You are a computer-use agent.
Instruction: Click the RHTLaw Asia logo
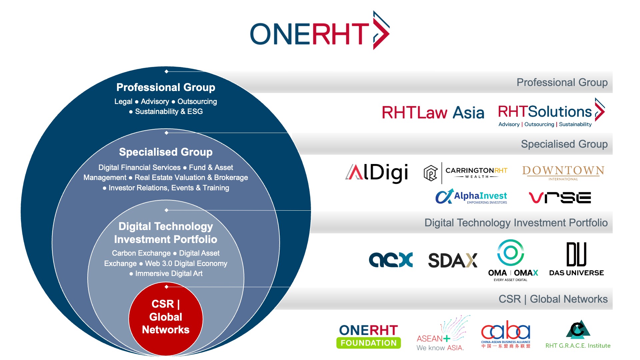click(433, 112)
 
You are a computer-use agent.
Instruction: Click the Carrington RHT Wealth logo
click(465, 173)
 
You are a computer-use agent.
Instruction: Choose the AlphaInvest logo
click(471, 197)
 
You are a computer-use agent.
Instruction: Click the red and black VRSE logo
click(560, 197)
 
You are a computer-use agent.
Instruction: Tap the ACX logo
click(391, 260)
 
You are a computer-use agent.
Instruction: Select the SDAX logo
click(453, 260)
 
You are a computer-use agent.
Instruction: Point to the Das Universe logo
click(576, 259)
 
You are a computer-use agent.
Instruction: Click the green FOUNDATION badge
click(369, 343)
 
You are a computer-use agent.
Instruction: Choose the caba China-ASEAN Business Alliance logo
click(506, 334)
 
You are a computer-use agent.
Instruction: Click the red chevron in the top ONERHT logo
click(381, 30)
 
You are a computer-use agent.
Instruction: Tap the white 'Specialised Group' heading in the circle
click(166, 152)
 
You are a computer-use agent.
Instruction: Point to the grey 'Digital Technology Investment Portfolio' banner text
click(516, 223)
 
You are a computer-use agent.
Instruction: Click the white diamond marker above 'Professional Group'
click(166, 71)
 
